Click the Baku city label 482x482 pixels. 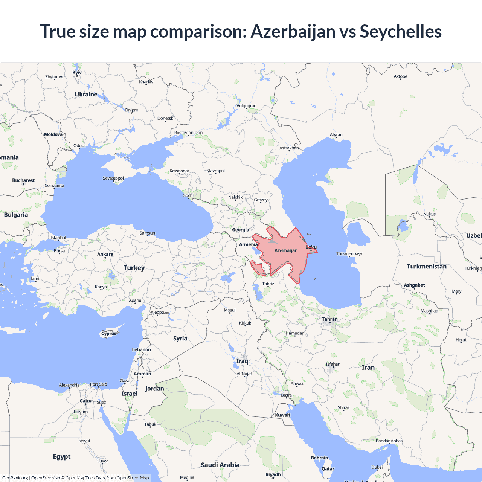click(311, 247)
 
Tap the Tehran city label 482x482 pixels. click(330, 319)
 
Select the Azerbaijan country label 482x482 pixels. click(286, 250)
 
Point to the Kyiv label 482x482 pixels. click(77, 73)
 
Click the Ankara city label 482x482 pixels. click(105, 254)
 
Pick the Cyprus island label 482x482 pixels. click(109, 333)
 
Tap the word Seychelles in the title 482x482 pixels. click(401, 31)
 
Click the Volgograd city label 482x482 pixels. click(247, 106)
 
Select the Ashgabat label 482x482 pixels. click(414, 285)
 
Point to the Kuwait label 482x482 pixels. click(282, 415)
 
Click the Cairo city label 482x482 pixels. click(85, 401)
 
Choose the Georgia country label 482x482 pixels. click(240, 230)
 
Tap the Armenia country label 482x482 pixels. click(249, 244)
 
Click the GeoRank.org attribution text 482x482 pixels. click(15, 478)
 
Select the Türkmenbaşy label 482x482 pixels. click(349, 253)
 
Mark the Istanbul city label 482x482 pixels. click(58, 238)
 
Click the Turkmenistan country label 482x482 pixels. click(427, 267)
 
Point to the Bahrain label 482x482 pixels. click(319, 458)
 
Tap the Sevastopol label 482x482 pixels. click(113, 178)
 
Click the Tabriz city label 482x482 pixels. click(268, 284)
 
